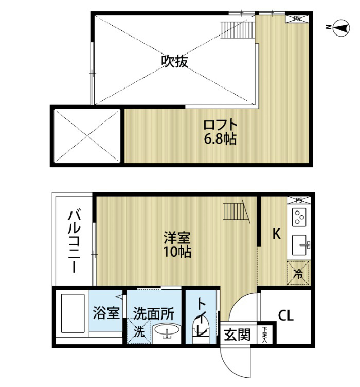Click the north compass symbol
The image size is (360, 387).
341,28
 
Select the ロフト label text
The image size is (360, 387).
220,125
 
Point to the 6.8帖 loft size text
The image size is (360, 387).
220,139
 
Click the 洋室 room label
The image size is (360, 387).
177,238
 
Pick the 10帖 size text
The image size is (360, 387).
177,252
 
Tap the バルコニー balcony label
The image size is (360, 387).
74,241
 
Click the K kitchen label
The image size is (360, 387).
276,234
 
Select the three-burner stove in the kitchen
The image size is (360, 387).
299,217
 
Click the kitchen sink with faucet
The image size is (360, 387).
300,245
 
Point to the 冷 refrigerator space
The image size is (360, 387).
298,273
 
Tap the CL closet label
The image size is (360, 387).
286,315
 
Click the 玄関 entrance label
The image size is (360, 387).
237,335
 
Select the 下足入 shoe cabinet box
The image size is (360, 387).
265,335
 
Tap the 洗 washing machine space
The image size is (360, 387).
139,331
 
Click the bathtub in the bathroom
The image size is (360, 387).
73,313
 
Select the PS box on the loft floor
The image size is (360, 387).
297,19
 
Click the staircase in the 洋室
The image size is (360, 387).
236,212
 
